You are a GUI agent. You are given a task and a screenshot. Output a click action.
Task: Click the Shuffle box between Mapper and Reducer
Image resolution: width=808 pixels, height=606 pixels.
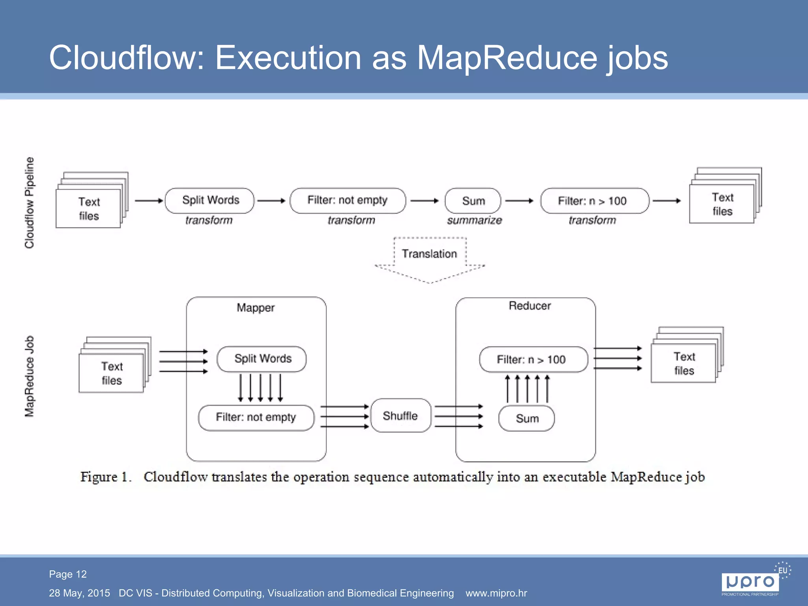tap(400, 416)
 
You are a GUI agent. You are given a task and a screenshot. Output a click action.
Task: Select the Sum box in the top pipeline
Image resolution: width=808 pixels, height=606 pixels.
tap(473, 201)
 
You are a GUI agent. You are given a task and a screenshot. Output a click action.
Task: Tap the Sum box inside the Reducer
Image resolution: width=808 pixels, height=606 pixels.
tap(527, 419)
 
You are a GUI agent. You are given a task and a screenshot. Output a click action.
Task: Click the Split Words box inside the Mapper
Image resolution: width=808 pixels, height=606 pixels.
tap(262, 359)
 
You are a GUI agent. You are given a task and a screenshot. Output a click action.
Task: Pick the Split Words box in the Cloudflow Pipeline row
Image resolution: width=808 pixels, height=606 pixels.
tap(210, 200)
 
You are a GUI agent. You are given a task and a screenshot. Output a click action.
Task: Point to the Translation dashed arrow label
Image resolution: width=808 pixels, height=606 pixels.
tap(429, 254)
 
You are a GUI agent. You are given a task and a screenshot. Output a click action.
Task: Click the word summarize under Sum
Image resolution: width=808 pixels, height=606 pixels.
tap(474, 220)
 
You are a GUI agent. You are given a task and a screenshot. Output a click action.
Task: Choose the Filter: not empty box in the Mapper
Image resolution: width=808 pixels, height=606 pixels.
tap(256, 417)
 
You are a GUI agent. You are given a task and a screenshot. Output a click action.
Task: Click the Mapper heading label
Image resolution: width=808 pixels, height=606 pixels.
tap(256, 308)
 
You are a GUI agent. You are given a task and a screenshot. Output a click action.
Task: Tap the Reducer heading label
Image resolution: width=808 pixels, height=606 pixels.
tap(529, 306)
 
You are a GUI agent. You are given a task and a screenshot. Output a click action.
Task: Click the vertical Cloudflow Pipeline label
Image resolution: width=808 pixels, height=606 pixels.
tap(30, 202)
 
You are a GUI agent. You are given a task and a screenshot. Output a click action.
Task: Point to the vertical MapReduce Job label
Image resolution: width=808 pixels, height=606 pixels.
tap(30, 376)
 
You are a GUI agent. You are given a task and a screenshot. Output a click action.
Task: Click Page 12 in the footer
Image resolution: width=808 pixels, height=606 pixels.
tap(68, 574)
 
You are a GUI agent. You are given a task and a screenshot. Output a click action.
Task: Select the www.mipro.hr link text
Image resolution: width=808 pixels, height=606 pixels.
tap(496, 593)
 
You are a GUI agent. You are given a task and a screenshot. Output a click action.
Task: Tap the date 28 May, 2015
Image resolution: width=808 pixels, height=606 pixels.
tap(79, 593)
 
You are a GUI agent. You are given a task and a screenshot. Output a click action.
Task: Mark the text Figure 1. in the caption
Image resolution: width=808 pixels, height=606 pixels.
tap(105, 477)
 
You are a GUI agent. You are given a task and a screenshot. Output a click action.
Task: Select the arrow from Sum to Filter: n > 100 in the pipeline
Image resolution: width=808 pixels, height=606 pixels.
tap(519, 201)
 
